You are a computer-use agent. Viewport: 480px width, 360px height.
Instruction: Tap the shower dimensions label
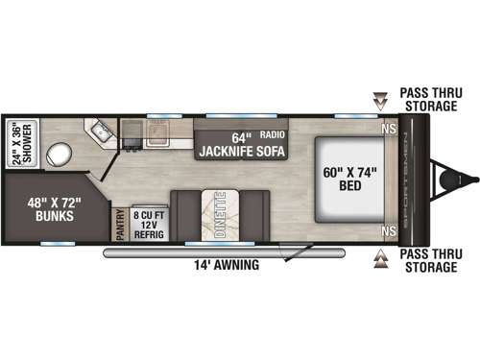click(25, 144)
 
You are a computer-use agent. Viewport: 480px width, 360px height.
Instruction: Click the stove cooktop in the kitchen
click(132, 129)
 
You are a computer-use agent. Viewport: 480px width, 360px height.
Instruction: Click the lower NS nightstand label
click(389, 231)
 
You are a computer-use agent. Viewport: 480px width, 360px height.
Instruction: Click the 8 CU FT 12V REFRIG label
click(149, 222)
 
